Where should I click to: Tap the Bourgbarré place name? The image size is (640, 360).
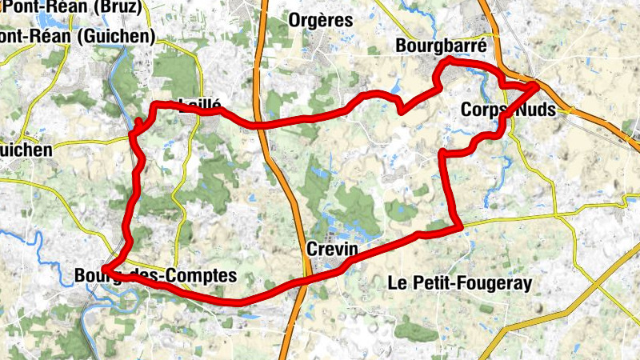[x=441, y=47]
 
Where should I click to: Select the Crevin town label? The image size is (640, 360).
[x=330, y=250]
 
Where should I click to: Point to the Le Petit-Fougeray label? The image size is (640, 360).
[x=459, y=282]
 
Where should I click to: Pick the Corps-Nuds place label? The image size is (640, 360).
[x=508, y=110]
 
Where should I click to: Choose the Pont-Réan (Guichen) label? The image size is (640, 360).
[x=77, y=36]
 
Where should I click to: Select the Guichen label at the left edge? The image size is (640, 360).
[x=26, y=150]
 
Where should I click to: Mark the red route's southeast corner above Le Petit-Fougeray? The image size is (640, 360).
[x=461, y=228]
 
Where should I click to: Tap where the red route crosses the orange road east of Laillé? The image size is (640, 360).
[x=261, y=126]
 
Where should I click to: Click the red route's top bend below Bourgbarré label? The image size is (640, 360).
[x=448, y=60]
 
